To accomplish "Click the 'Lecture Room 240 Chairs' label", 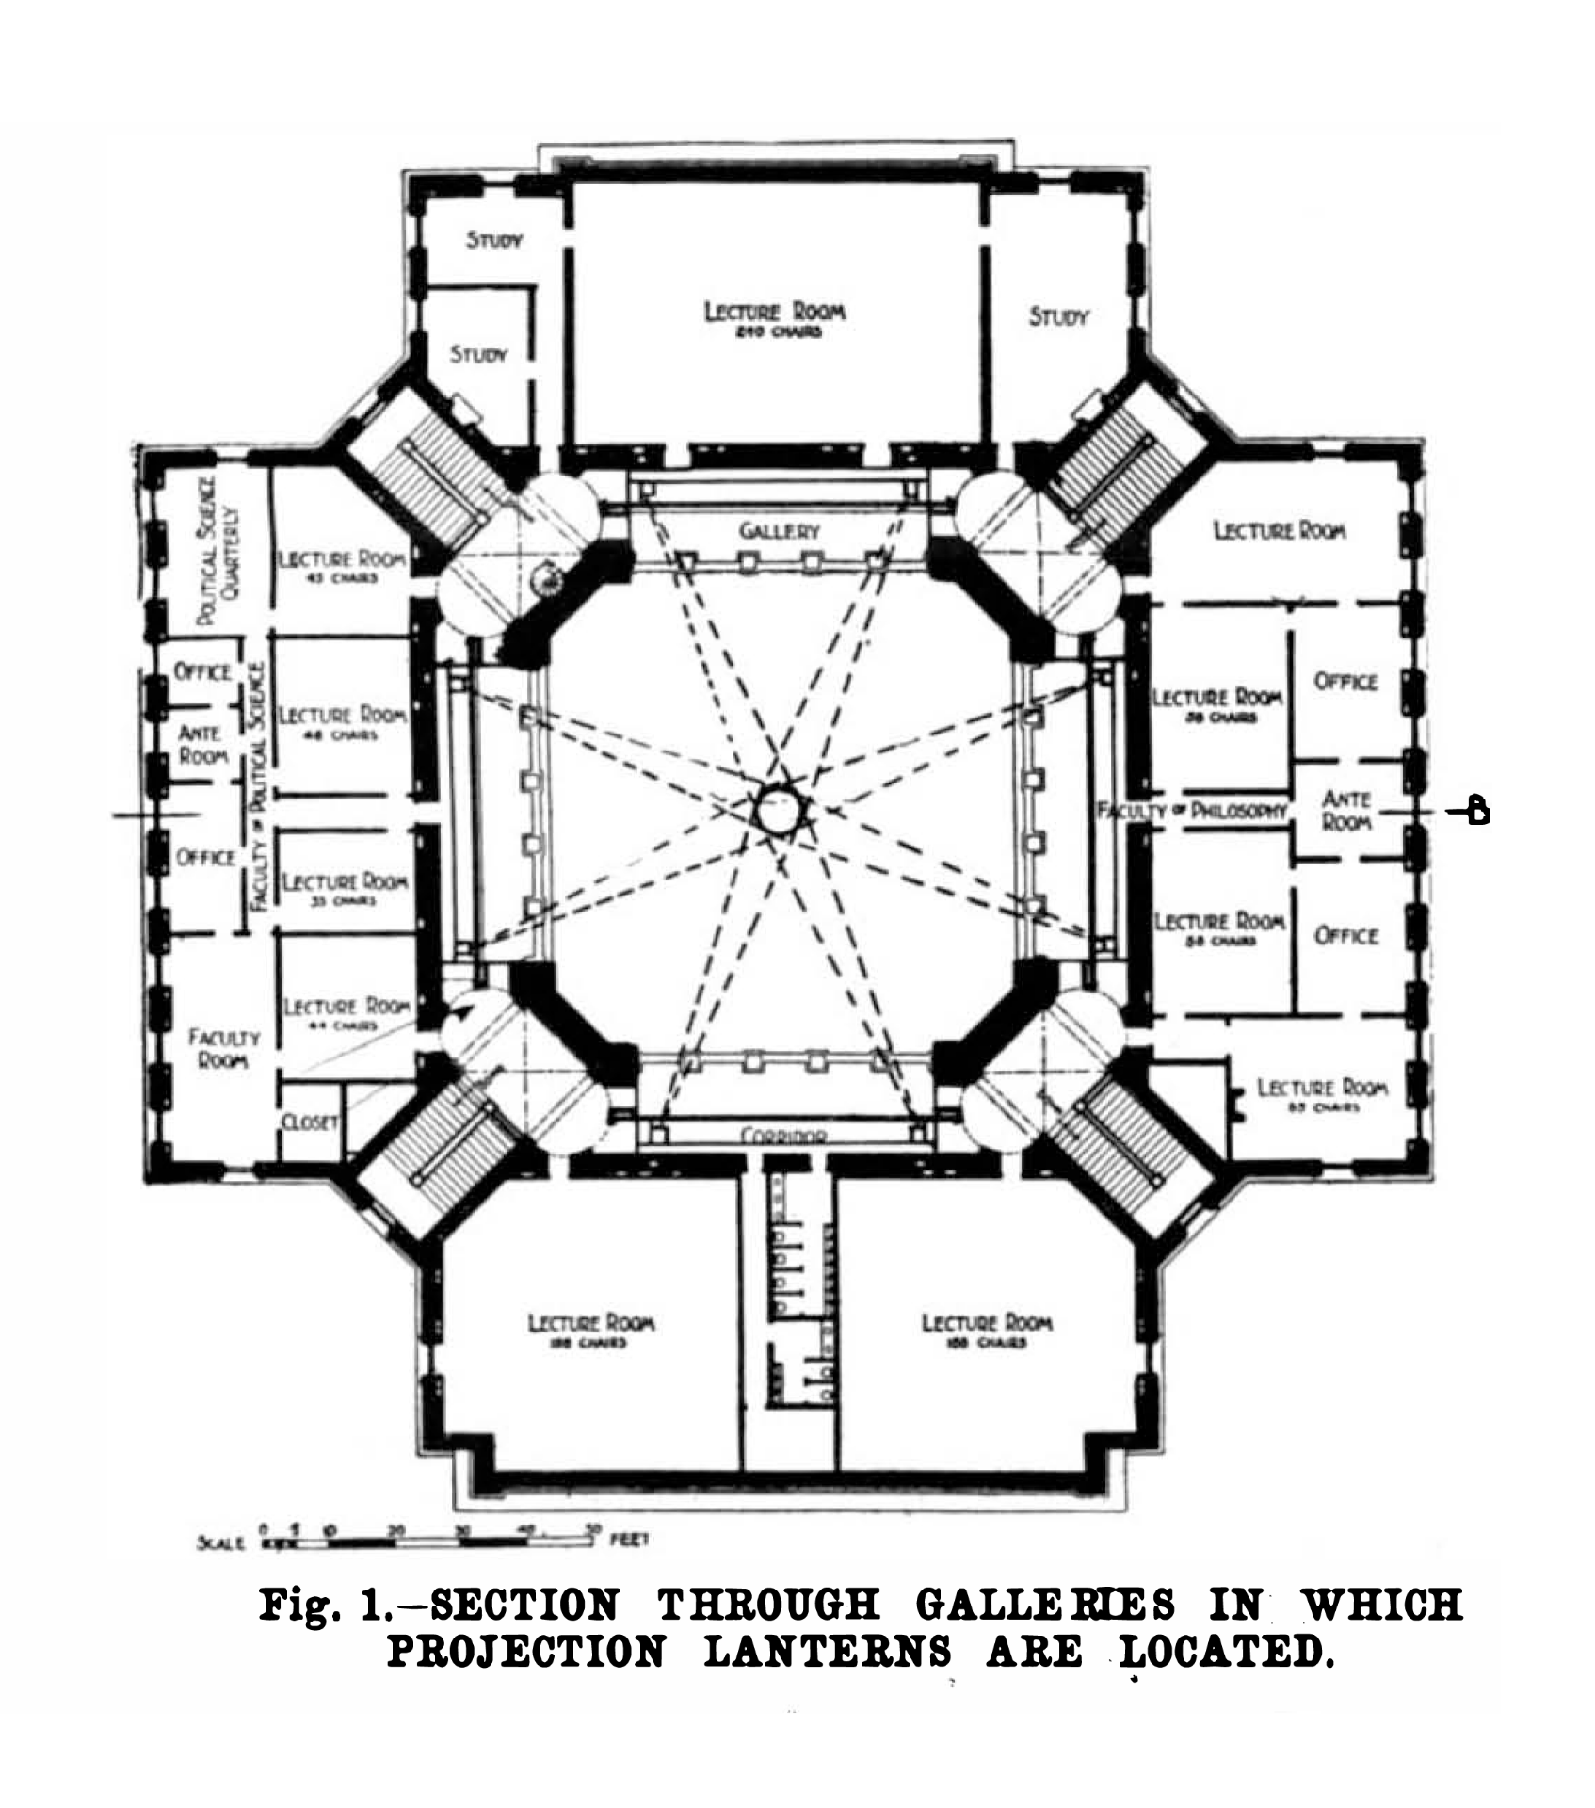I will pyautogui.click(x=774, y=318).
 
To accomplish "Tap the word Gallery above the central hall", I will pyautogui.click(x=778, y=531).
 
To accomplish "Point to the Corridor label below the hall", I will pyautogui.click(x=784, y=1136).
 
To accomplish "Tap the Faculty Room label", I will pyautogui.click(x=223, y=1048).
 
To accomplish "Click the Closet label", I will pyautogui.click(x=309, y=1122).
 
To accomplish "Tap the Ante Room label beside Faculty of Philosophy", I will pyautogui.click(x=1345, y=810).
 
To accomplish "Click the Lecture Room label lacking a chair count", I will pyautogui.click(x=1279, y=531).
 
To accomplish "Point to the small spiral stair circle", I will pyautogui.click(x=545, y=581).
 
